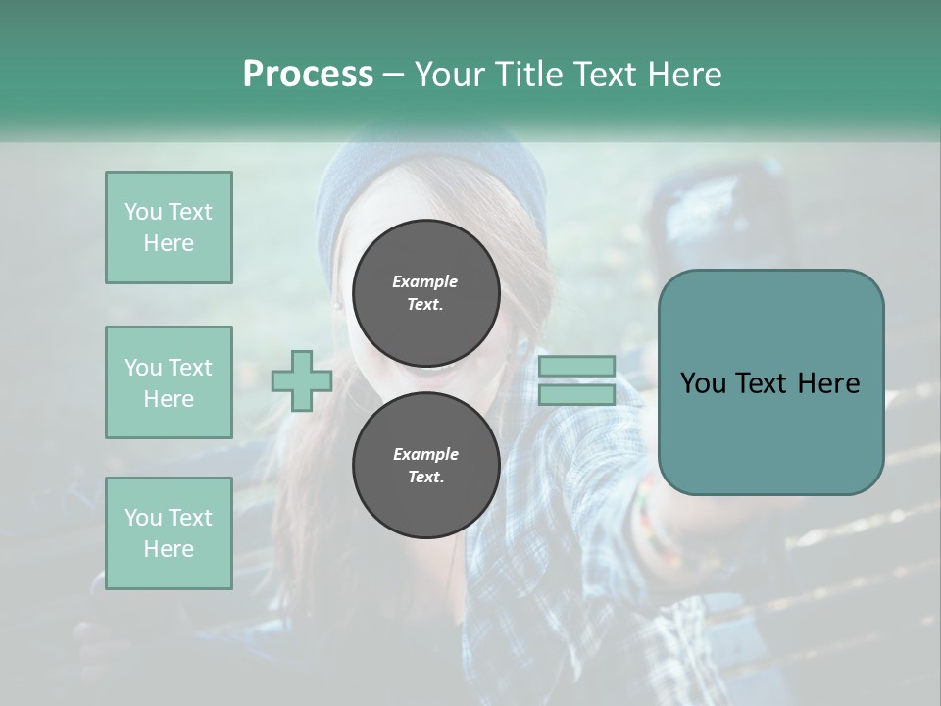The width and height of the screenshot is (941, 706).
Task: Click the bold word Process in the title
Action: [x=308, y=75]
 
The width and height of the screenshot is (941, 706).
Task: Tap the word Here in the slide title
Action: [x=683, y=75]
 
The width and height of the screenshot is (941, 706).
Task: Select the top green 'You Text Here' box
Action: [x=169, y=227]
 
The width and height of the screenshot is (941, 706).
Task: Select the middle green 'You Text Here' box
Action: [x=169, y=382]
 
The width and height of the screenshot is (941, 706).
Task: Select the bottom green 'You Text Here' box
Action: [x=169, y=533]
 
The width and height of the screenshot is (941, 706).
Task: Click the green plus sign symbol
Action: [x=302, y=380]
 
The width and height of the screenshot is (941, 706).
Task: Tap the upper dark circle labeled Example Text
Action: [x=425, y=292]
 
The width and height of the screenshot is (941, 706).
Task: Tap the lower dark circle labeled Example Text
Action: [x=425, y=465]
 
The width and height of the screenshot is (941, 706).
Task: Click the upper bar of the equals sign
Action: [x=576, y=367]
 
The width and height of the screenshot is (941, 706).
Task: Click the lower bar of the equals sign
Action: [x=576, y=395]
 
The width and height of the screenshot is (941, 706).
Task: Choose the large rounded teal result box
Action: [x=770, y=431]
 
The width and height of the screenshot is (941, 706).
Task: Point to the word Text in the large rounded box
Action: [x=770, y=383]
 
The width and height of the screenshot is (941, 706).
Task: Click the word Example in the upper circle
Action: [x=425, y=281]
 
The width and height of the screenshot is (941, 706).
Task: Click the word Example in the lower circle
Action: [x=425, y=454]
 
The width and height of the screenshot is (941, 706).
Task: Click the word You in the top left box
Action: [x=143, y=212]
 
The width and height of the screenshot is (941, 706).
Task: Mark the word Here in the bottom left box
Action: [x=169, y=549]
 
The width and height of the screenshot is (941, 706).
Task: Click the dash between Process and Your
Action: [x=394, y=75]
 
